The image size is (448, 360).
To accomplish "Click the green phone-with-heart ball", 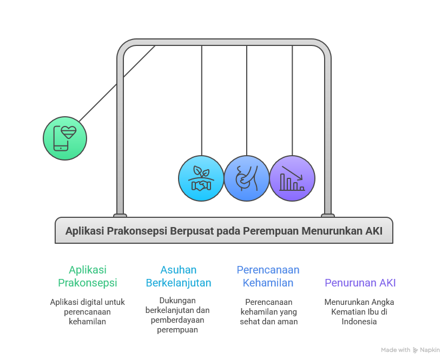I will pos(65,138).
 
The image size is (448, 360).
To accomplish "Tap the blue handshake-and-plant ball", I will pos(201,178).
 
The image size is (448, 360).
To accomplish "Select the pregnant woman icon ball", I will pos(247,178).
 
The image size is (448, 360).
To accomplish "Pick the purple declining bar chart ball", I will pos(292,178).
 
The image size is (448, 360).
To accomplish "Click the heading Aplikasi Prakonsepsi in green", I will pos(88,276).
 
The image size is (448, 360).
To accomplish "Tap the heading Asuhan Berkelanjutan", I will pos(179,276).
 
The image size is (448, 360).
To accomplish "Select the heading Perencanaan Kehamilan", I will pos(268,276).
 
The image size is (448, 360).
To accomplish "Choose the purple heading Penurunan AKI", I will pos(360,283).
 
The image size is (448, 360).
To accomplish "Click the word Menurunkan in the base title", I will pos(333,231).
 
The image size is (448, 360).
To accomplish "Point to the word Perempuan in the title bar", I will pos(268,231).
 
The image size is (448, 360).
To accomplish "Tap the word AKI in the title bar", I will pos(373,231).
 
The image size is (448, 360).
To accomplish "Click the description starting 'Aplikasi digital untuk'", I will pos(88,311).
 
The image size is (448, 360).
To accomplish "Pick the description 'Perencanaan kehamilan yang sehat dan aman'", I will pos(269,311).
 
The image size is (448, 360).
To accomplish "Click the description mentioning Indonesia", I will pos(359,311).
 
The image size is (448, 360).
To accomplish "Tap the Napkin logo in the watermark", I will pos(416,350).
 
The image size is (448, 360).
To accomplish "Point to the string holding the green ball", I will pos(116,84).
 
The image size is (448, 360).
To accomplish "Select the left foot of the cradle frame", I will pos(120,215).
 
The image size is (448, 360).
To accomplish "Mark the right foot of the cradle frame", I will pos(328,215).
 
